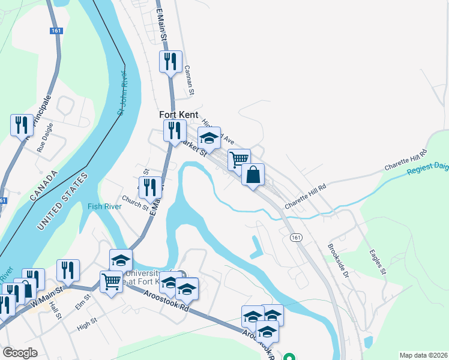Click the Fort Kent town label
[x=178, y=114]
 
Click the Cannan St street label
[x=190, y=80]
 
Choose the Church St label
[x=134, y=203]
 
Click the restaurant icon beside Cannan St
[x=170, y=62]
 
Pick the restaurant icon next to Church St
[x=150, y=188]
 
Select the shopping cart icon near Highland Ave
[x=239, y=160]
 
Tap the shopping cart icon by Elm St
[x=111, y=281]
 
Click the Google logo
[x=20, y=353]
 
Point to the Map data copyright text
[x=423, y=355]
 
